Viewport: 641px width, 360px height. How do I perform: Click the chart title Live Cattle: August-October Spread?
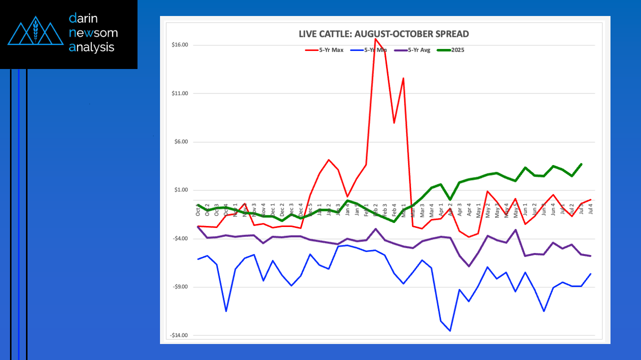click(x=383, y=34)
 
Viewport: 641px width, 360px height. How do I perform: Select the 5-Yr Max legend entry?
click(x=324, y=50)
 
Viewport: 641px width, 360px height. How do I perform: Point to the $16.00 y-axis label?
click(x=180, y=45)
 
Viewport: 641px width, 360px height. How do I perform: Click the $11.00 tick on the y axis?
click(x=180, y=93)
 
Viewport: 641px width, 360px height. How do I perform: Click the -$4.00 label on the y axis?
click(x=180, y=238)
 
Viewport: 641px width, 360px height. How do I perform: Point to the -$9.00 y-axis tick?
click(x=180, y=287)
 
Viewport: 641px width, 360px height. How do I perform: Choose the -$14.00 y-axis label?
click(x=179, y=335)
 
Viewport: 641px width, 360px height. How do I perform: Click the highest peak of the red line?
click(x=375, y=39)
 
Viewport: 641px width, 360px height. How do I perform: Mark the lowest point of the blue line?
click(x=450, y=330)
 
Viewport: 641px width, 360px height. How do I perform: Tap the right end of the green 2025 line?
click(x=581, y=164)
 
